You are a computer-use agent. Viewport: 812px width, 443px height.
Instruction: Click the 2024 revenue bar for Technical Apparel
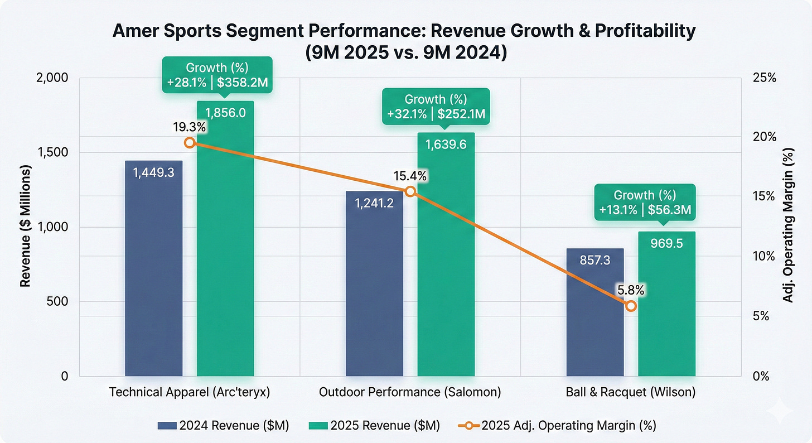pyautogui.click(x=153, y=268)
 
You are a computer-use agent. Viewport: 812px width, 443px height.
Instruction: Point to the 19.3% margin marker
pyautogui.click(x=190, y=143)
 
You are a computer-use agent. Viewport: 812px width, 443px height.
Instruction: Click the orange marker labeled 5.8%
pyautogui.click(x=631, y=306)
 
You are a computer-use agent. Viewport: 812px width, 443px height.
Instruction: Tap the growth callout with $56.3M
pyautogui.click(x=645, y=203)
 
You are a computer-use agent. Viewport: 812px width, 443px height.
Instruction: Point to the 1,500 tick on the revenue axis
pyautogui.click(x=51, y=152)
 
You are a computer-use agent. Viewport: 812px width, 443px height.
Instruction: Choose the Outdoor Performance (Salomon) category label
pyautogui.click(x=410, y=392)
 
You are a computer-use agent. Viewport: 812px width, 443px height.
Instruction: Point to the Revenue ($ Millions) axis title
pyautogui.click(x=25, y=227)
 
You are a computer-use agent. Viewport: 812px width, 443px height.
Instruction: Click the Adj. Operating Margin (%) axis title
pyautogui.click(x=789, y=227)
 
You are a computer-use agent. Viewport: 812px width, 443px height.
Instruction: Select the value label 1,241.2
pyautogui.click(x=374, y=204)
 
